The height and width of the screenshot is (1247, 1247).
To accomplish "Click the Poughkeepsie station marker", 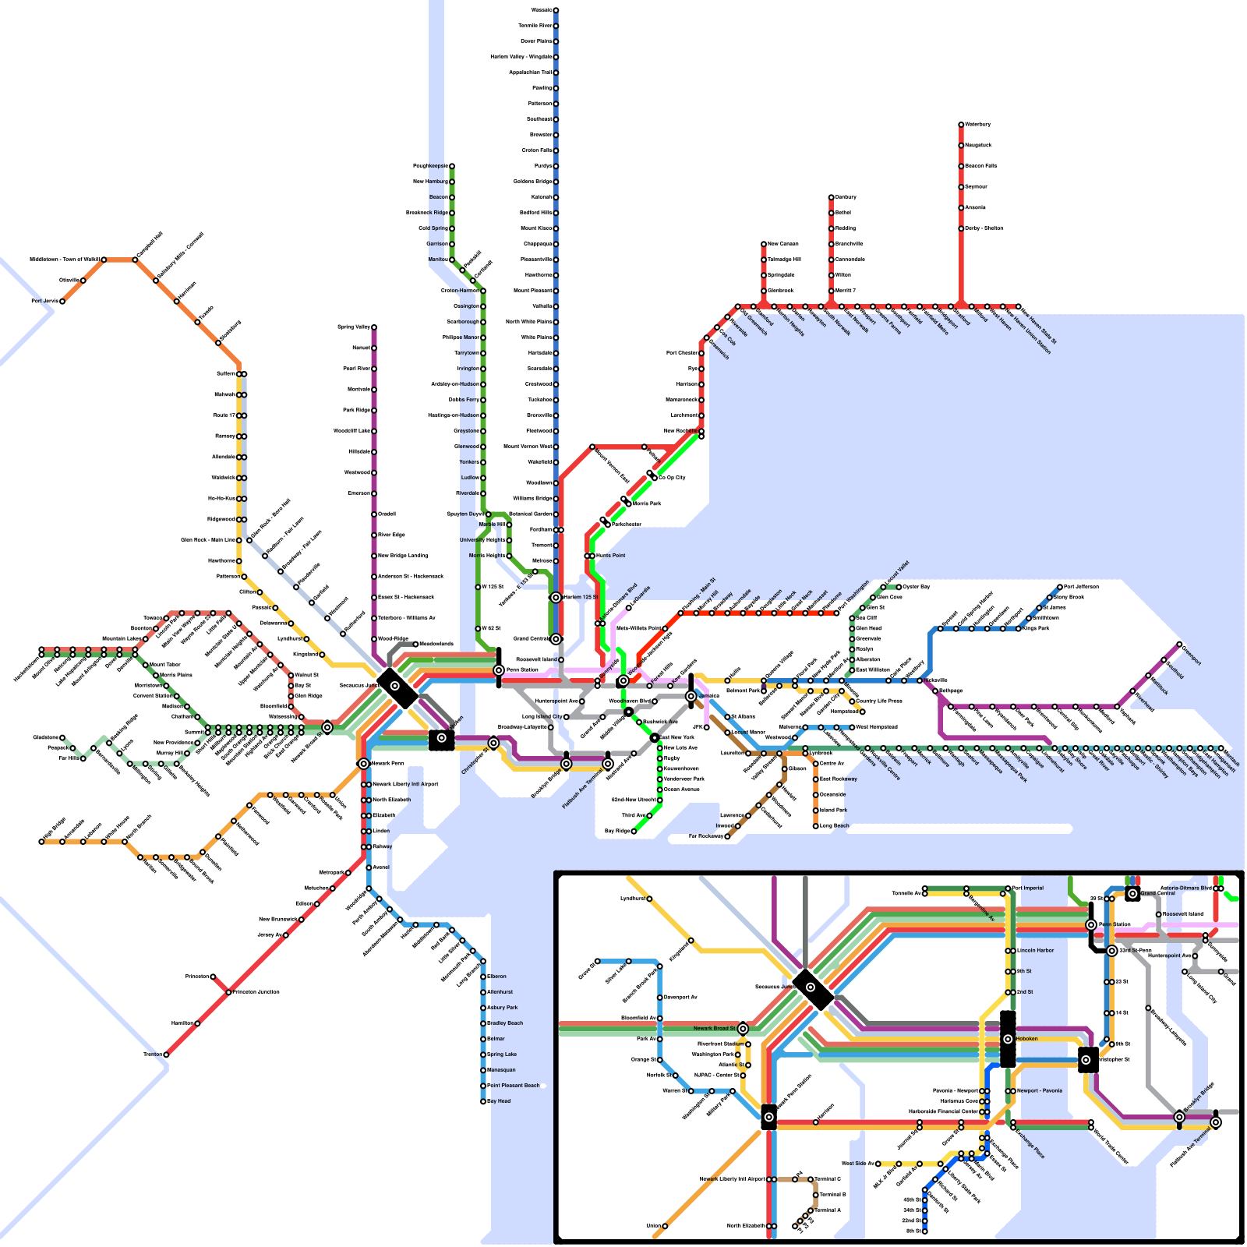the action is (x=451, y=166).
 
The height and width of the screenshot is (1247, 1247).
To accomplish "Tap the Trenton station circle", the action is (x=166, y=1054).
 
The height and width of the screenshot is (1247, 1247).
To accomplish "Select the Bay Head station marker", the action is (x=483, y=1101).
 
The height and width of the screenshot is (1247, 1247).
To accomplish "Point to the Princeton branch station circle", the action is (x=213, y=977).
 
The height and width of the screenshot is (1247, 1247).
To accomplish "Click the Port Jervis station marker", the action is (x=62, y=301).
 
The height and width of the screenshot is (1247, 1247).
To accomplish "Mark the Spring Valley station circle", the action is (x=374, y=327).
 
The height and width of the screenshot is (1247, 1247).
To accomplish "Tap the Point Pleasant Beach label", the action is (x=513, y=1086).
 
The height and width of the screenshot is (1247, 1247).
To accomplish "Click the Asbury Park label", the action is (x=502, y=1008).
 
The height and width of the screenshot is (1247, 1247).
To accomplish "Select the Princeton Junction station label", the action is (x=256, y=992).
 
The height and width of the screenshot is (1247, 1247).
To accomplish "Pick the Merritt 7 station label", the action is (x=846, y=291).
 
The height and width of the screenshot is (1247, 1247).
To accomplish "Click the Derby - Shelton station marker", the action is (x=961, y=228).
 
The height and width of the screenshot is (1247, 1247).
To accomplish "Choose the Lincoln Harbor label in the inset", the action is (x=1036, y=951).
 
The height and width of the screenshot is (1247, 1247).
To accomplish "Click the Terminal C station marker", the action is (x=811, y=1179).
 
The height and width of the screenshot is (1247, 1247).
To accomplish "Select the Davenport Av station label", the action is (x=680, y=998).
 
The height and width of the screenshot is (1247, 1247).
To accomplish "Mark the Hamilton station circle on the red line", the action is (x=197, y=1023).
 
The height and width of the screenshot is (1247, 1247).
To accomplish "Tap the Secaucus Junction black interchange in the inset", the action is (x=812, y=989).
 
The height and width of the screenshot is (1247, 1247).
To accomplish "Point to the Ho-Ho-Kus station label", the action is (x=221, y=499).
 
